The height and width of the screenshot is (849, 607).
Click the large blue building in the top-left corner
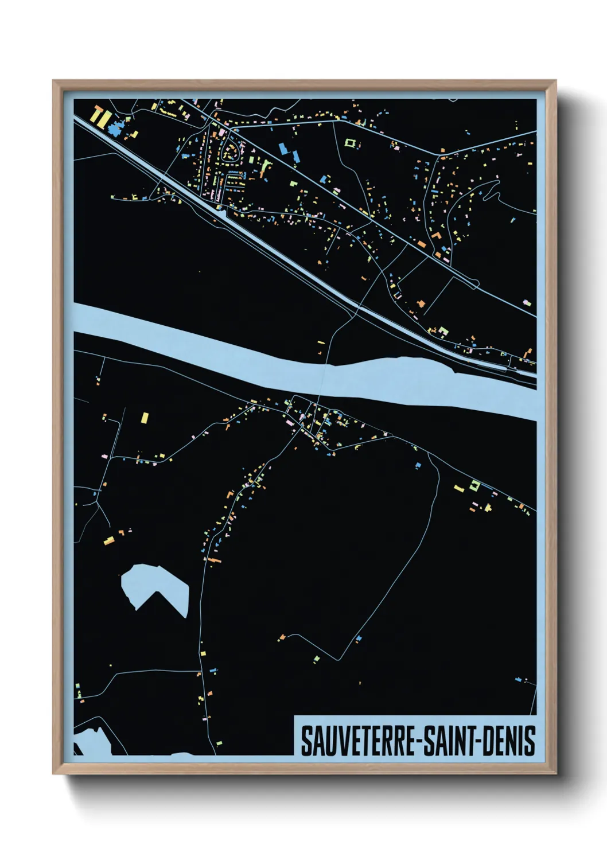[118, 128]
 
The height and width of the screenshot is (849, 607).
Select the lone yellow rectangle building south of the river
[145, 417]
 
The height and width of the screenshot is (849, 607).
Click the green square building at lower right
[474, 485]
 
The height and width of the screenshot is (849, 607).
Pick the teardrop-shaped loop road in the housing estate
[231, 153]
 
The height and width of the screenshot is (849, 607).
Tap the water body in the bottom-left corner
[92, 740]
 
